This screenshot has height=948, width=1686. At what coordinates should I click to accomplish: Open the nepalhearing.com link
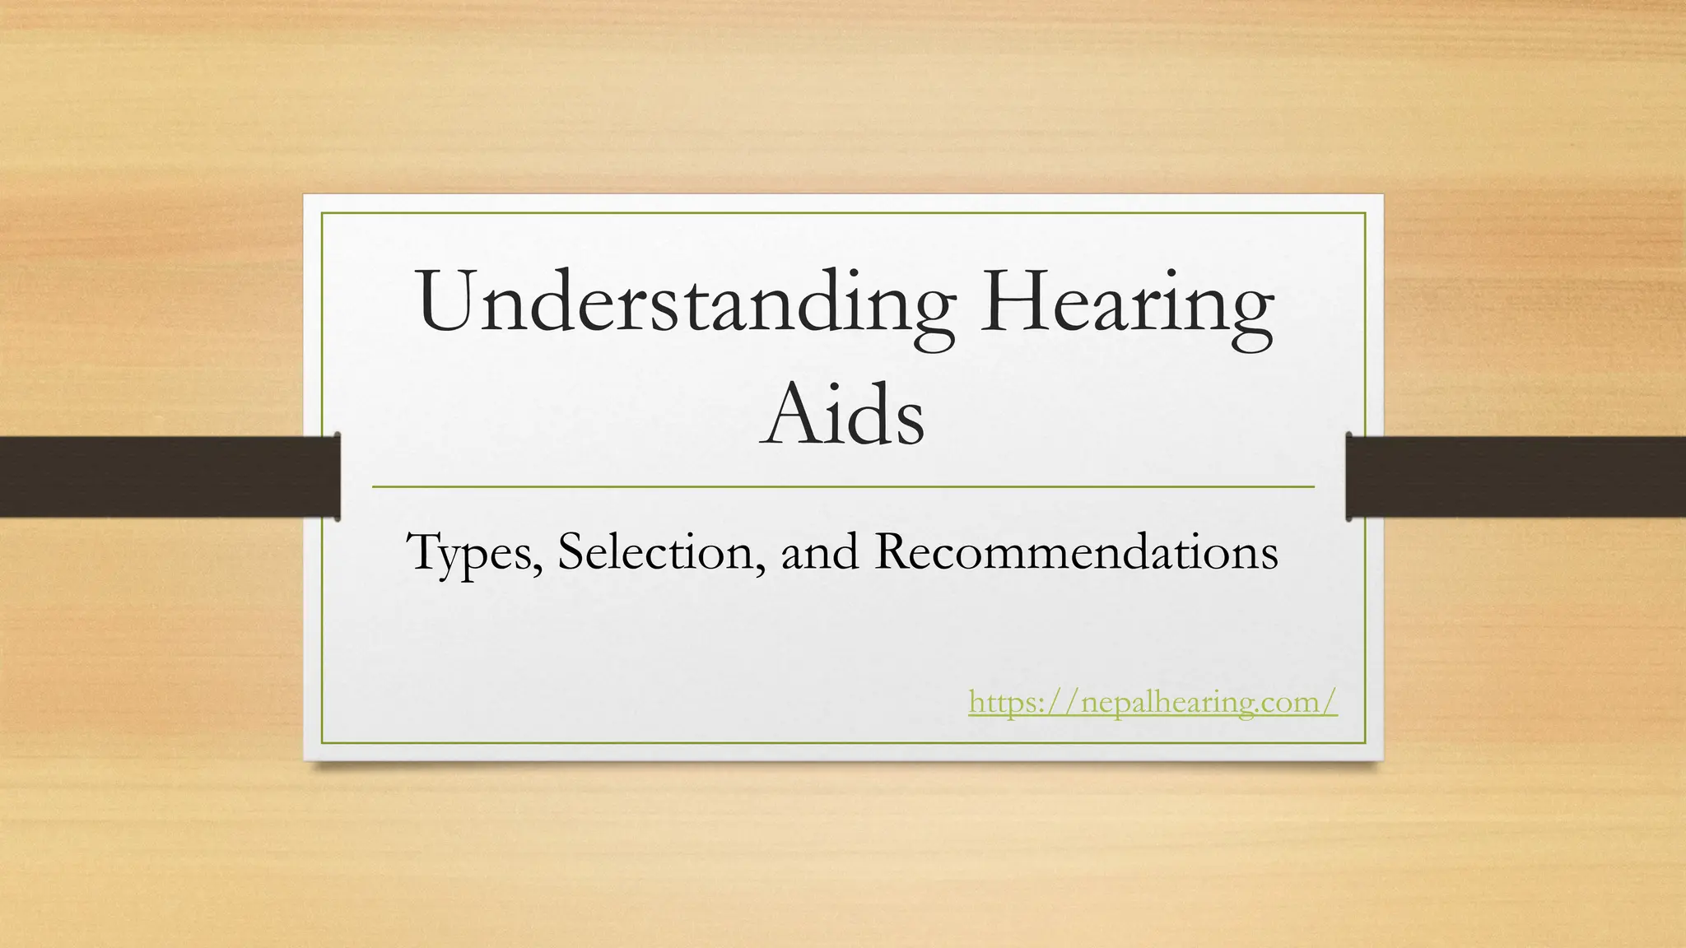pyautogui.click(x=1153, y=703)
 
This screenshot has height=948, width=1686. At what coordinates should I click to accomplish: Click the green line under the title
pyautogui.click(x=843, y=487)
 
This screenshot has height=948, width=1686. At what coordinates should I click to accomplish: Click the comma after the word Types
pyautogui.click(x=538, y=569)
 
